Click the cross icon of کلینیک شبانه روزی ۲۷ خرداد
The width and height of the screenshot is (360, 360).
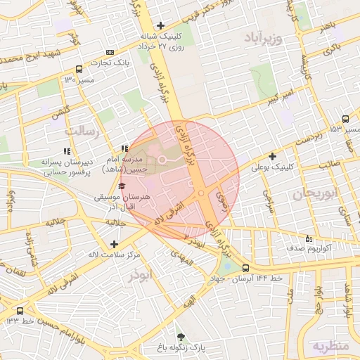161,25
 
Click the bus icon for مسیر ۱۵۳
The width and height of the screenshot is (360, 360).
345,120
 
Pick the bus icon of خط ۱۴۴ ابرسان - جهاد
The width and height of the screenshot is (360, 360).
245,268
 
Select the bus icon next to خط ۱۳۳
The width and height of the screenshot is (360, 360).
19,311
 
